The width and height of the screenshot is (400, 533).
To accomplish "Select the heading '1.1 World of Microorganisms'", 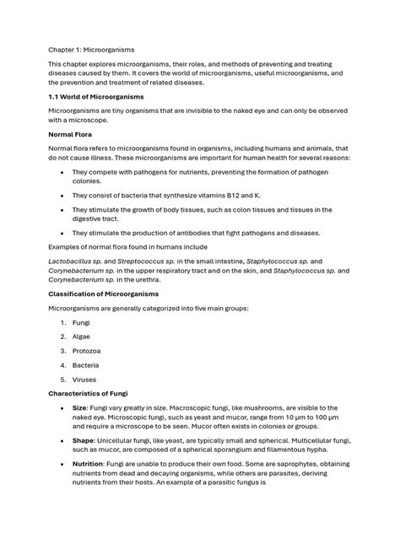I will (100, 97).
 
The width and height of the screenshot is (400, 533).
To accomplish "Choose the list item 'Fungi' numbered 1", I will (82, 322).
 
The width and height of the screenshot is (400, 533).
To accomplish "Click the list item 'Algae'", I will (83, 336).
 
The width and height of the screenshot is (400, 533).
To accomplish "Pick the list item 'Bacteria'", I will (86, 365).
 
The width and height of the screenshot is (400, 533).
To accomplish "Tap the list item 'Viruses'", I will (85, 380).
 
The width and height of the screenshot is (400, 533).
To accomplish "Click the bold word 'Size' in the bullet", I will (80, 408).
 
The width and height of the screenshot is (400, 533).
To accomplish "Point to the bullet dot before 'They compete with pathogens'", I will (62, 171).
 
